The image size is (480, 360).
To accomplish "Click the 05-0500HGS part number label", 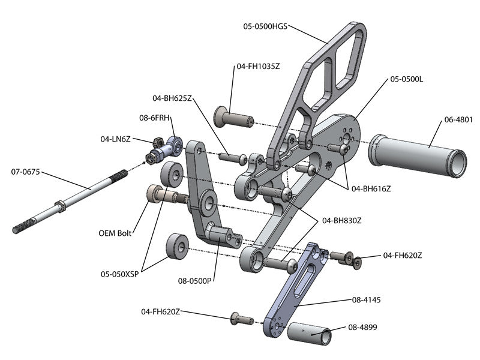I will tap(265, 26).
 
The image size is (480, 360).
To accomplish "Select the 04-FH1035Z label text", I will tap(258, 66).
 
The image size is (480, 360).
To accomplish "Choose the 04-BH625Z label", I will tap(172, 98).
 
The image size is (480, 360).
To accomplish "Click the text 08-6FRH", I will tap(156, 118).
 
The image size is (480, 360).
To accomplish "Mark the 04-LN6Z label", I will tap(116, 139).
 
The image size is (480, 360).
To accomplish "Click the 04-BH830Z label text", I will tap(342, 220).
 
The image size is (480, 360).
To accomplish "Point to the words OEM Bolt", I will tap(116, 233).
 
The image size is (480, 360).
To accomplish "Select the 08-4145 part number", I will tap(368, 298).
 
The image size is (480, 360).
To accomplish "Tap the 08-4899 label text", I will tap(367, 328).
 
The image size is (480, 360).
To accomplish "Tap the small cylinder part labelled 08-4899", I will tap(310, 334).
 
